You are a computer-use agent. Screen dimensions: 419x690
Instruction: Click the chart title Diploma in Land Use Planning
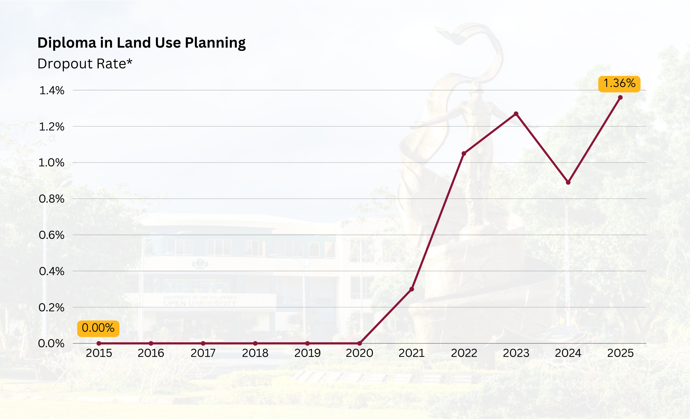pyautogui.click(x=141, y=43)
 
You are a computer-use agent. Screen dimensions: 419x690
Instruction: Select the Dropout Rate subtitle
pyautogui.click(x=85, y=64)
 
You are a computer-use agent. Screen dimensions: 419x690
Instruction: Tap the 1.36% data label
pyautogui.click(x=619, y=84)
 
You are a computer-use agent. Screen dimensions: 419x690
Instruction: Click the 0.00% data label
pyautogui.click(x=98, y=328)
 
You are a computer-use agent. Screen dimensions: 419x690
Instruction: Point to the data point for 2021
pyautogui.click(x=412, y=289)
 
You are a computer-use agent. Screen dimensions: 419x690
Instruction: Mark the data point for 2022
pyautogui.click(x=464, y=153)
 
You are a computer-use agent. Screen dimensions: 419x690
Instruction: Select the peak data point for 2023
pyautogui.click(x=516, y=114)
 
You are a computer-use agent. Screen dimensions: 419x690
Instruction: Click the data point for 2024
pyautogui.click(x=568, y=182)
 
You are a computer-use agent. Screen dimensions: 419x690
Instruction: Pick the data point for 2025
pyautogui.click(x=620, y=97)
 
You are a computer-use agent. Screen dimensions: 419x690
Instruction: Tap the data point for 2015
pyautogui.click(x=99, y=343)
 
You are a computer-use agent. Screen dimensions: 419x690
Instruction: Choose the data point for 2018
pyautogui.click(x=255, y=343)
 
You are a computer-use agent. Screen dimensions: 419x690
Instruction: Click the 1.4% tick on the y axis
pyautogui.click(x=52, y=90)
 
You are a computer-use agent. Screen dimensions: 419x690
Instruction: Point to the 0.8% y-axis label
pyautogui.click(x=52, y=199)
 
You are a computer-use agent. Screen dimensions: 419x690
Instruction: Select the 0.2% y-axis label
pyautogui.click(x=52, y=307)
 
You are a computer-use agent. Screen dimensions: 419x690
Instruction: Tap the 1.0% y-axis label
pyautogui.click(x=52, y=163)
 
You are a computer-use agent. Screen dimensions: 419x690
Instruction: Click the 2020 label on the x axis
pyautogui.click(x=359, y=353)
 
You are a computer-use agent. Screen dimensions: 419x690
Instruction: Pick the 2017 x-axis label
pyautogui.click(x=203, y=353)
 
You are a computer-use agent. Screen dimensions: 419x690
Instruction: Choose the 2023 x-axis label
pyautogui.click(x=516, y=353)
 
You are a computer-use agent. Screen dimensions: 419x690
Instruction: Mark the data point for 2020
pyautogui.click(x=359, y=343)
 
